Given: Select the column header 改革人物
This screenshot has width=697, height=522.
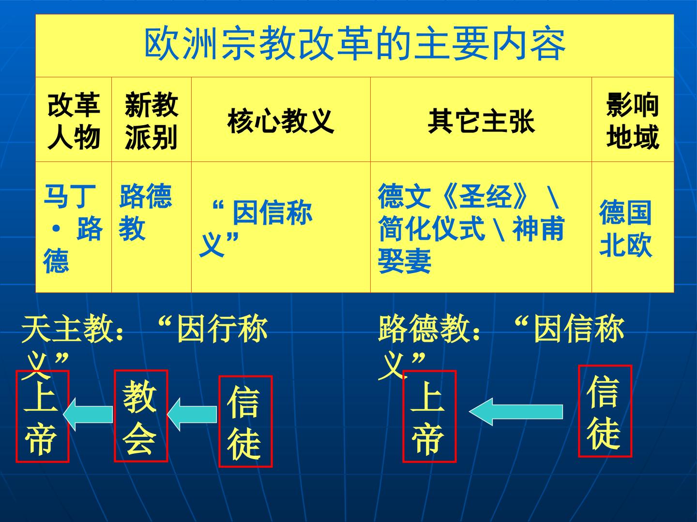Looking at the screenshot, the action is point(74,121).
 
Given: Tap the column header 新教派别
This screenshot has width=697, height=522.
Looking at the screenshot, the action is point(151,121).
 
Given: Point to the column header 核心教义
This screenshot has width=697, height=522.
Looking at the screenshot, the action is point(281,121).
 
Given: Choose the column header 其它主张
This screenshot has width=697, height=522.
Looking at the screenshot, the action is point(481,121).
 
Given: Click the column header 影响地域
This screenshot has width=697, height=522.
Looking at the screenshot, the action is point(633,121).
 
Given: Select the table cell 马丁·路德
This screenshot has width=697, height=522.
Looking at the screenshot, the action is point(73,228).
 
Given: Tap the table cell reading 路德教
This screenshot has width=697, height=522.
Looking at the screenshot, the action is point(145,212).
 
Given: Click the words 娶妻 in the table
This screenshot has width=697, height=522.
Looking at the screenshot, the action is point(405,261).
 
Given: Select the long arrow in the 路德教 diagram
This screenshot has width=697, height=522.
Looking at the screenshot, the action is point(516,412).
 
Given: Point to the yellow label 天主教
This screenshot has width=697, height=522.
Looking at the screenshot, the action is point(67,328).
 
